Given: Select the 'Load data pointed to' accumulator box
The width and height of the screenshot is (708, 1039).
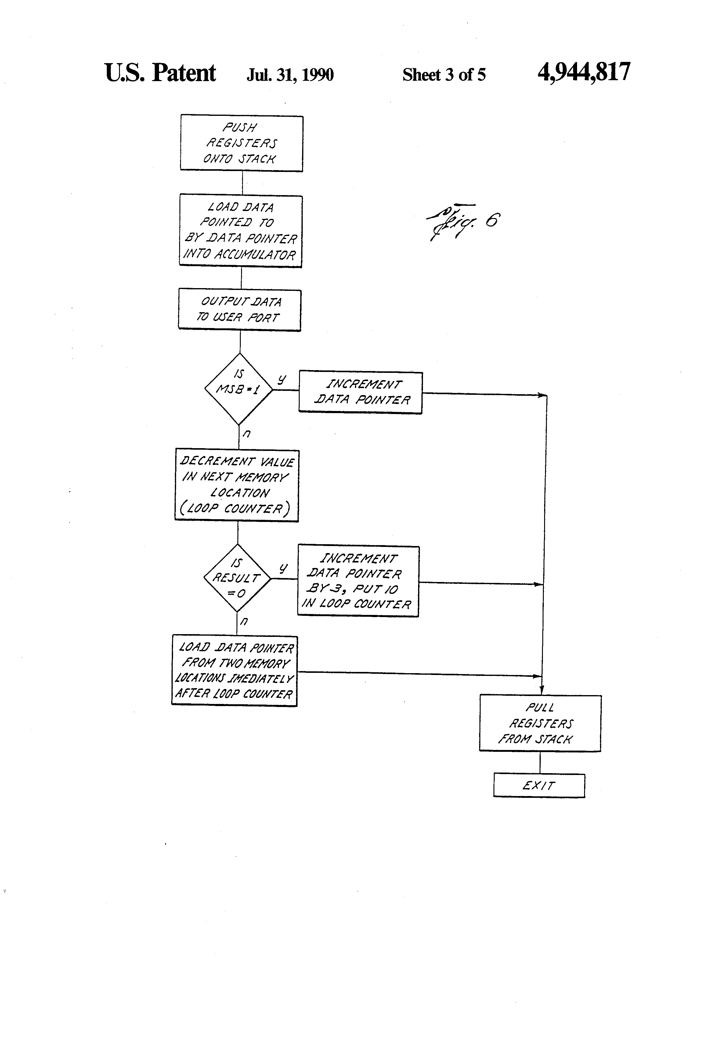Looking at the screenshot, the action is click(x=241, y=231).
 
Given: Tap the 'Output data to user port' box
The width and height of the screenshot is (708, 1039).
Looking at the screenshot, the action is click(x=240, y=310).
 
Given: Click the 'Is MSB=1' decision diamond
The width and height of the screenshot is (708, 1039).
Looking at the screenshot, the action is click(x=239, y=388).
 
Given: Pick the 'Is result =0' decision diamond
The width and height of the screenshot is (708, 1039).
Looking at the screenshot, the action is click(x=237, y=578).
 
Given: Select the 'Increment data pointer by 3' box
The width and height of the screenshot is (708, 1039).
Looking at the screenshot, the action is click(x=358, y=581).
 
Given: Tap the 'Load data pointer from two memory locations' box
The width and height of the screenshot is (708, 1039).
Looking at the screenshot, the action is click(x=234, y=670).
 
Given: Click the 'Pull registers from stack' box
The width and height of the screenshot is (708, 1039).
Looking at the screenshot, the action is click(x=540, y=723).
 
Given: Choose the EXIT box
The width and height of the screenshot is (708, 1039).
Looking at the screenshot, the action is click(x=539, y=785).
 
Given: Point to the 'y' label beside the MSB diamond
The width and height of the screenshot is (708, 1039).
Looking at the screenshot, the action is click(x=281, y=380).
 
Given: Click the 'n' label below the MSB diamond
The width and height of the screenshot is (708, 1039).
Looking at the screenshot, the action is click(x=246, y=433).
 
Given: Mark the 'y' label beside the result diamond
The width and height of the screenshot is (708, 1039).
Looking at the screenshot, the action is click(x=283, y=568).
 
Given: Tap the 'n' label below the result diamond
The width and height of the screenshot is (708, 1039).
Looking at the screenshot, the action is click(x=244, y=621).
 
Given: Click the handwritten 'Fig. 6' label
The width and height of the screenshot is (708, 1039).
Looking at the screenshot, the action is click(x=463, y=222).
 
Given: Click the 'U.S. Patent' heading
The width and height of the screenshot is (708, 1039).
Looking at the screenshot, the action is click(x=160, y=73).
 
